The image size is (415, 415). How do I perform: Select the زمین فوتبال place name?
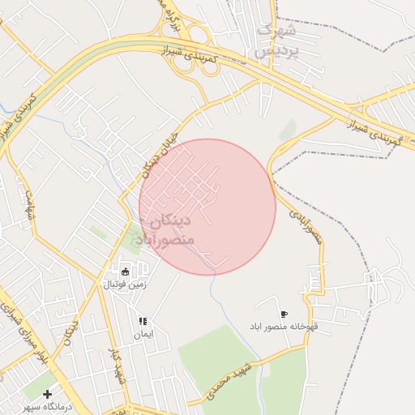(122, 285)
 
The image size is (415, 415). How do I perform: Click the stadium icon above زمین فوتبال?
(126, 271)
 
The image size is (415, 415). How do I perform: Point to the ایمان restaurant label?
(143, 334)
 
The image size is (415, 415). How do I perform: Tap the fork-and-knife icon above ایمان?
(143, 321)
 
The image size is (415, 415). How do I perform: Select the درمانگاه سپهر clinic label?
(49, 406)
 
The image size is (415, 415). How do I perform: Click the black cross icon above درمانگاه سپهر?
(48, 394)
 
